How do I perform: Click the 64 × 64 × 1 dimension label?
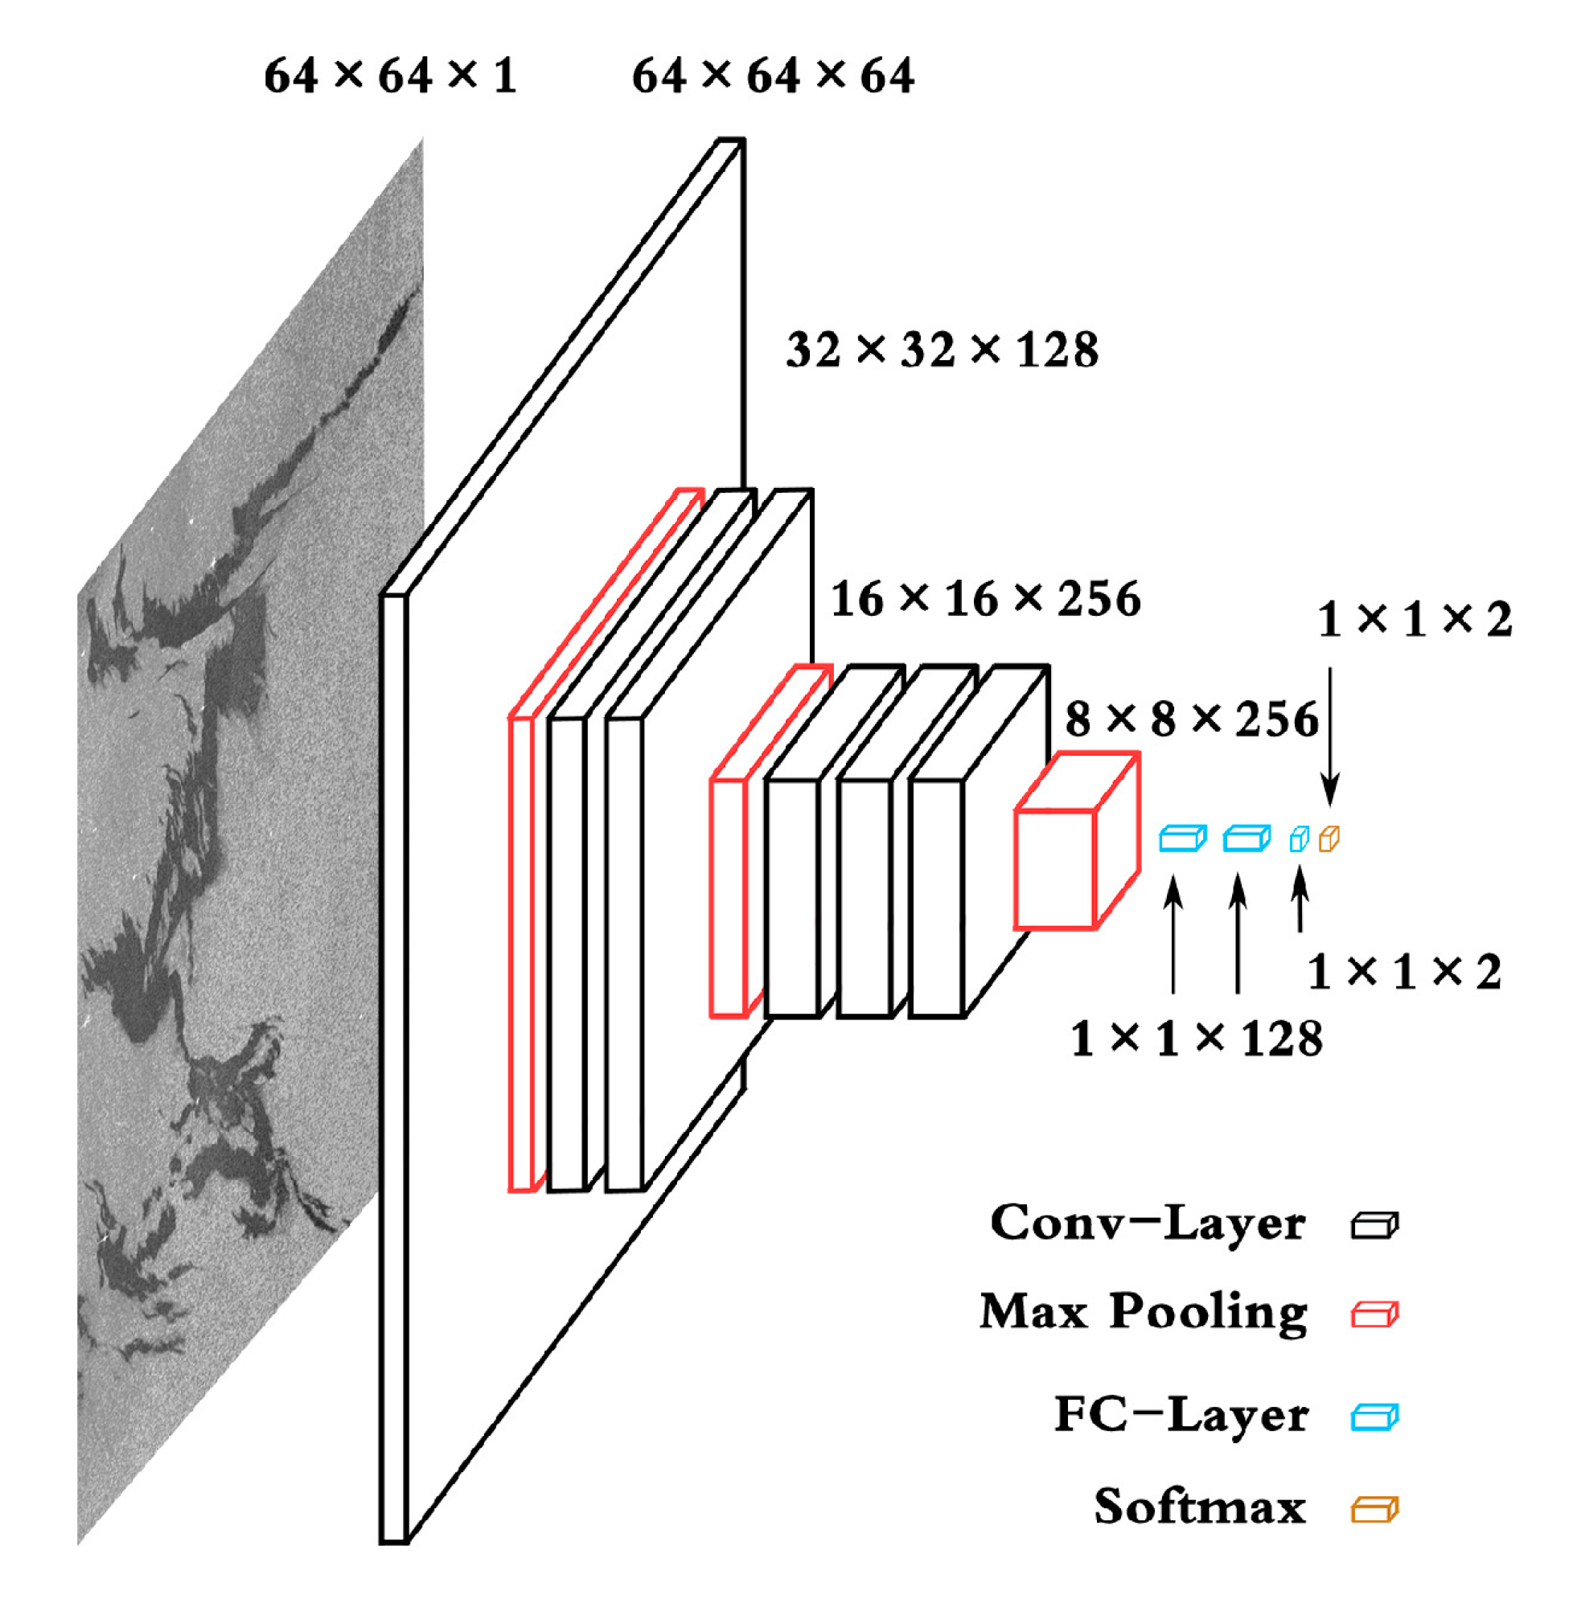(390, 76)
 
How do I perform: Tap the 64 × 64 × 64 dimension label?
(773, 76)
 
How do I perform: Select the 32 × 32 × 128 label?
(942, 350)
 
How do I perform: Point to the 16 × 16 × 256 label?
(985, 599)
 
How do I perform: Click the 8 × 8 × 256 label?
(1191, 720)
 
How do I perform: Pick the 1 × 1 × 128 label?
(1197, 1038)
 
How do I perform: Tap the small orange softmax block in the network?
(1329, 839)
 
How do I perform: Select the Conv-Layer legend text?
(1148, 1224)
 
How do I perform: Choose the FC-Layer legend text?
(1181, 1416)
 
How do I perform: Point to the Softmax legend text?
(1200, 1507)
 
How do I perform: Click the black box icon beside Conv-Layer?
(1374, 1226)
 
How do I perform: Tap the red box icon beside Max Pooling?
(1374, 1314)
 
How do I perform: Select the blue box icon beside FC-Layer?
(1374, 1417)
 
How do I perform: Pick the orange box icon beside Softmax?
(1374, 1509)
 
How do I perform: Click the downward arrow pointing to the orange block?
(1329, 735)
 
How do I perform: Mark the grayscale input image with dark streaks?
(248, 826)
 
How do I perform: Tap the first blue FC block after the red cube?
(1182, 839)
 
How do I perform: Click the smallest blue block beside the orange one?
(1299, 840)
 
